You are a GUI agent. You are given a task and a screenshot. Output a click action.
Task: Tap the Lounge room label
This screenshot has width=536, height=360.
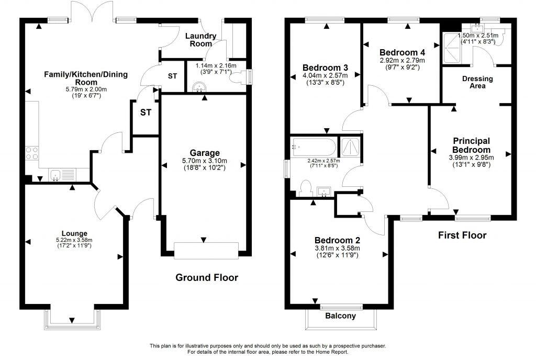(x=74, y=233)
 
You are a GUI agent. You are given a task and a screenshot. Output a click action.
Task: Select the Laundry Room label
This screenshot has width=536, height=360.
(x=201, y=40)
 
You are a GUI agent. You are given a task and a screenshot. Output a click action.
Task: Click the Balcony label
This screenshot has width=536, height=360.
(x=340, y=316)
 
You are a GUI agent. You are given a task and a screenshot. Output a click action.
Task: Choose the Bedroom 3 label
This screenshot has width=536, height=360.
(x=325, y=67)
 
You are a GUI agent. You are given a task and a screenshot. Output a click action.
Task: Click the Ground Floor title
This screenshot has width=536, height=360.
(x=206, y=277)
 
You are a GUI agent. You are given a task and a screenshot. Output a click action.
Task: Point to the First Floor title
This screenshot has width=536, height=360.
(x=462, y=235)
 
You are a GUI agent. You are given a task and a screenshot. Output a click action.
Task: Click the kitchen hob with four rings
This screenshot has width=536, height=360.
(x=31, y=153)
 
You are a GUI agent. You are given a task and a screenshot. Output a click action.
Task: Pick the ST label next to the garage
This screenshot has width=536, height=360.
(x=143, y=113)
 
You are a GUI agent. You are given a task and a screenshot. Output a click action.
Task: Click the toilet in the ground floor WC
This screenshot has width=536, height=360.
(x=241, y=76)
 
